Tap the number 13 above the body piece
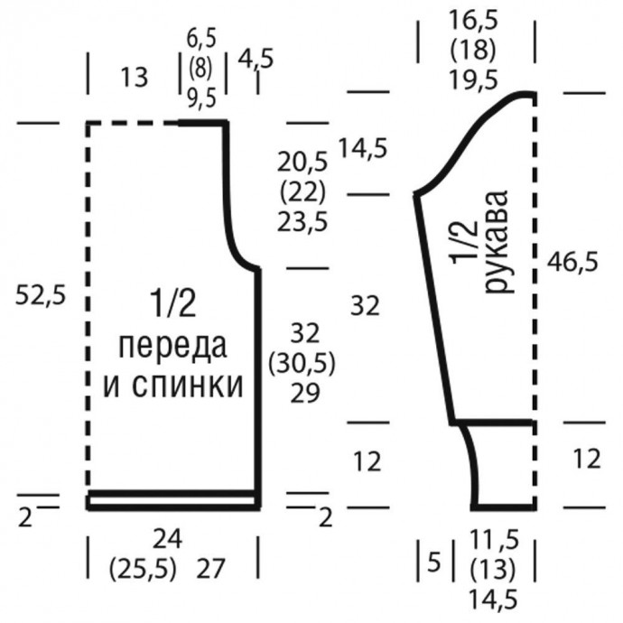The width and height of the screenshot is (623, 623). (x=133, y=78)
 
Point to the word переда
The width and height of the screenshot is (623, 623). (x=172, y=347)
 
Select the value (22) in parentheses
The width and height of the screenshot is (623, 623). (x=302, y=193)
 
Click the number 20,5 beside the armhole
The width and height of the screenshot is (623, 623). (x=302, y=163)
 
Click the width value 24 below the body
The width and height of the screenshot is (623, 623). (x=167, y=540)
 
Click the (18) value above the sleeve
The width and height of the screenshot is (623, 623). (x=474, y=50)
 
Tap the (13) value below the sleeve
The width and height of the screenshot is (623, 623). (x=494, y=570)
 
